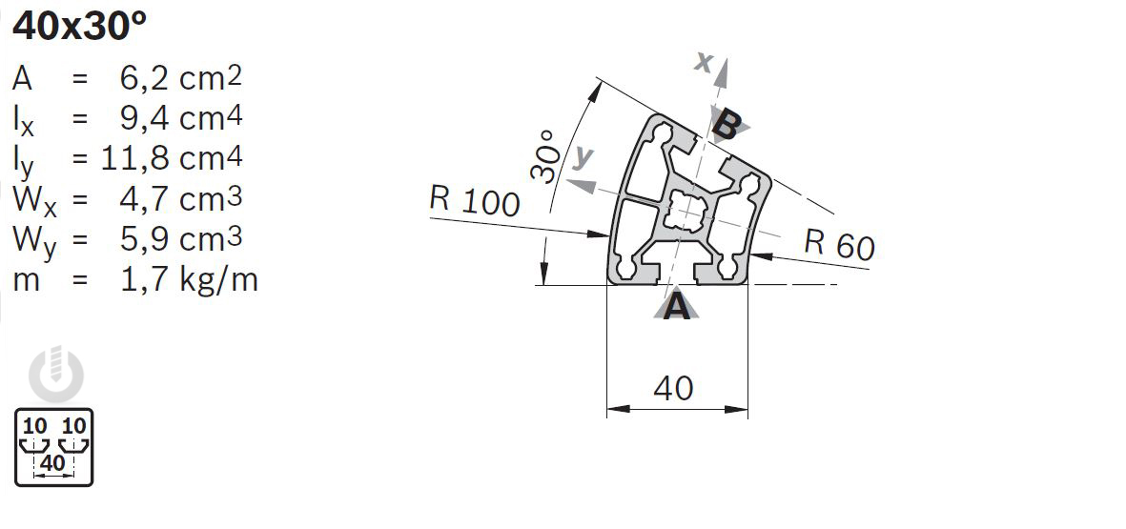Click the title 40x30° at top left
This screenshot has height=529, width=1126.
pos(80,28)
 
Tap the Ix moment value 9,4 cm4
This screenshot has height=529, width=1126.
pos(181,118)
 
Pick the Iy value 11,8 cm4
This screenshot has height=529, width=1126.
pos(172,157)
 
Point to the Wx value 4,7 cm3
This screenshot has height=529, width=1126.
pos(181,199)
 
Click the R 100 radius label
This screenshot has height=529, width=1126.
pos(474,200)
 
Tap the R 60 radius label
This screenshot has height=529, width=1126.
pos(839,244)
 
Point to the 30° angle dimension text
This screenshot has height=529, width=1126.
pos(545,155)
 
